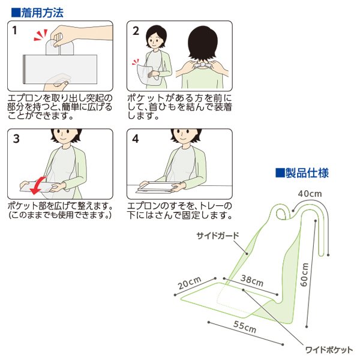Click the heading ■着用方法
click(x=37, y=11)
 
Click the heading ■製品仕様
click(x=301, y=173)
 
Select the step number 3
click(x=16, y=139)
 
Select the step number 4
click(x=136, y=139)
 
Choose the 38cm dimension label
click(x=252, y=280)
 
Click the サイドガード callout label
click(x=217, y=236)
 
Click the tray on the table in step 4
click(x=155, y=187)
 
